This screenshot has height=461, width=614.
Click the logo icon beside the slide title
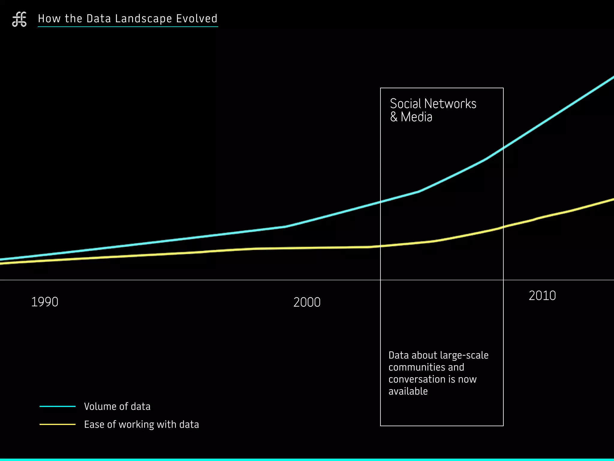coord(19,20)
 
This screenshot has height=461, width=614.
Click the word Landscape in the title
coord(143,19)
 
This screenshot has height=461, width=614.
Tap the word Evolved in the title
coord(197,19)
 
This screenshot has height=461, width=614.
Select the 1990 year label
coord(45,302)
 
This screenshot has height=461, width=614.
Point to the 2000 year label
coord(307,302)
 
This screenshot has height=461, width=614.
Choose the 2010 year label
coord(542,296)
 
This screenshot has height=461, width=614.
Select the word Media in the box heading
coord(417,117)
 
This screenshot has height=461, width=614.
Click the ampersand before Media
coord(394,117)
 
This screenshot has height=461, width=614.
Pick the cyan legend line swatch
coord(58,406)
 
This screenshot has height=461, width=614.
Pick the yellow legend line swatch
coord(58,424)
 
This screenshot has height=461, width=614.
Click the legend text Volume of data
coord(117,406)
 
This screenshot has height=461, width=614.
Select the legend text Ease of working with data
coord(142,424)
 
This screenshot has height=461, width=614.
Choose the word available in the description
coord(408,391)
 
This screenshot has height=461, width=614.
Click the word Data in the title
coord(99,19)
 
